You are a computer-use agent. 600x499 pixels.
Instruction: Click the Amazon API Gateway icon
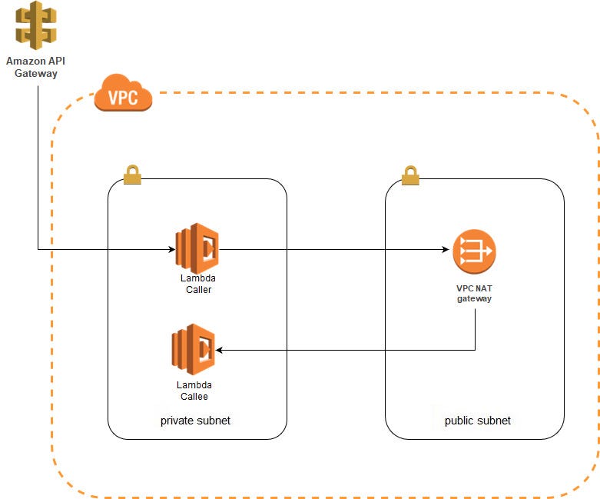31,25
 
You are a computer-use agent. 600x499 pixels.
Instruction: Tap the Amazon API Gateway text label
31,67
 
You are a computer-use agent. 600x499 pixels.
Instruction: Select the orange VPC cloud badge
123,95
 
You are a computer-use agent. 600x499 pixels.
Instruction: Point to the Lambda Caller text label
198,284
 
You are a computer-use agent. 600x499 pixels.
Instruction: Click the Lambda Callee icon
193,349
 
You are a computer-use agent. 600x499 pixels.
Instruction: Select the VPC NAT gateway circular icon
473,251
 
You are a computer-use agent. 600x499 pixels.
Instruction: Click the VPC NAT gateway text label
473,293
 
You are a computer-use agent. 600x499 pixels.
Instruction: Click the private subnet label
195,421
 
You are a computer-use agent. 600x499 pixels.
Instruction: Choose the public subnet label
477,421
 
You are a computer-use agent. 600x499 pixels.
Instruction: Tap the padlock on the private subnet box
133,175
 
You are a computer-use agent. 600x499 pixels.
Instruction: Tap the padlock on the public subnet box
410,175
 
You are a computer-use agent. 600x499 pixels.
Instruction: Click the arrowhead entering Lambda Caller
171,249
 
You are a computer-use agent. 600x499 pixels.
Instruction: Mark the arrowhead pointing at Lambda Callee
220,350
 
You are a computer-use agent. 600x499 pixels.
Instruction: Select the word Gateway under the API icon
31,73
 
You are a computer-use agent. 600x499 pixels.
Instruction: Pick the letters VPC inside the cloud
123,99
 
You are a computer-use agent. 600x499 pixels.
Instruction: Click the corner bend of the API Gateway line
37,249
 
